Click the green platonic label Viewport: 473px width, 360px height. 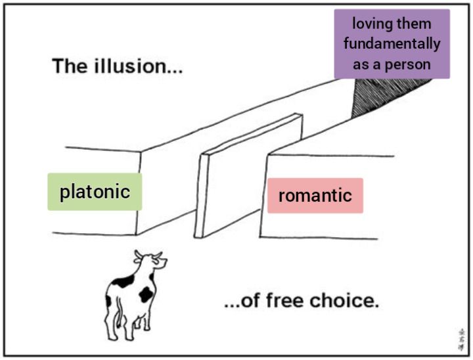(x=95, y=192)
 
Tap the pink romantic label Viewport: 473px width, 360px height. (x=315, y=195)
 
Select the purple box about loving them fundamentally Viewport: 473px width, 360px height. (x=392, y=43)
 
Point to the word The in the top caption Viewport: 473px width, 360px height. (x=69, y=66)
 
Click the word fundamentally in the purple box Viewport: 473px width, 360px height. (x=392, y=44)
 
